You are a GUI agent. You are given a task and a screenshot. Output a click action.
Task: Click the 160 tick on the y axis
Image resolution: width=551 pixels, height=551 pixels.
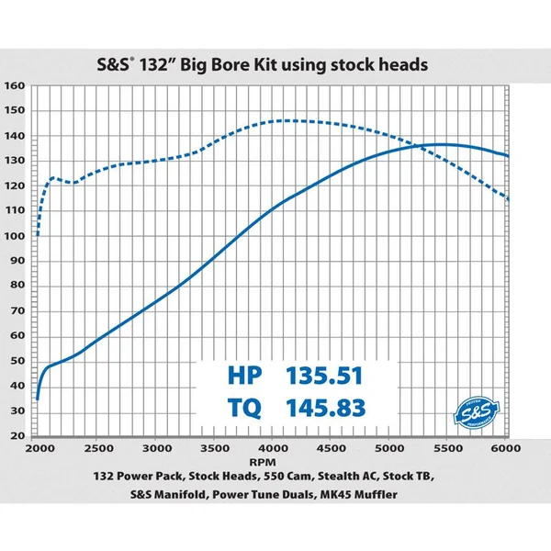point(15,86)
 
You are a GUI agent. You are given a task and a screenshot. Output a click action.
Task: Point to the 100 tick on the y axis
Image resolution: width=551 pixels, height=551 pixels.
point(15,236)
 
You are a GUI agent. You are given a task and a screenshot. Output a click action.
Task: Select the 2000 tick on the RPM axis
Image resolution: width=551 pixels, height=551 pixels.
point(39,448)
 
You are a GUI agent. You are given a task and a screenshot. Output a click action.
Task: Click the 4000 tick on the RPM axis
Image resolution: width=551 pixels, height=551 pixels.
point(274,448)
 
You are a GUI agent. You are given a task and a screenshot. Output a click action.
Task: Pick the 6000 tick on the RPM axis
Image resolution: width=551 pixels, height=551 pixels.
point(507,448)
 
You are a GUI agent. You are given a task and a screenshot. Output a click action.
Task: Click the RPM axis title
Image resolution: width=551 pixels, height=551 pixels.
point(273,463)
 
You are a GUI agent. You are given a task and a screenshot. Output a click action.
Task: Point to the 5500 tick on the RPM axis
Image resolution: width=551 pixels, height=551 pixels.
point(448,448)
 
